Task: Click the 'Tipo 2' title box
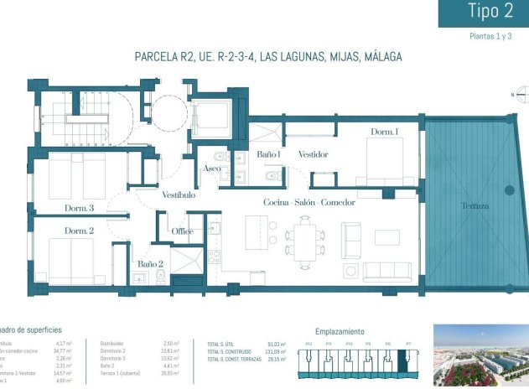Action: point(484,13)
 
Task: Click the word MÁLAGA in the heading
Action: point(379,57)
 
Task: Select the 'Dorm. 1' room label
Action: point(385,132)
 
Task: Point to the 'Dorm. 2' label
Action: point(78,231)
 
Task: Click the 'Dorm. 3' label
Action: point(79,208)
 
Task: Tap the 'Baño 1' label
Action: point(267,155)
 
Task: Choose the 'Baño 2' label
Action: point(150,265)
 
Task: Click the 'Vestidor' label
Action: point(313,155)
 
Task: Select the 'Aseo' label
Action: point(212,169)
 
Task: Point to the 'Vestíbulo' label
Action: point(179,195)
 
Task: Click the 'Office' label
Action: point(183,231)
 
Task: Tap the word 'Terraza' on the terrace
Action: point(475,205)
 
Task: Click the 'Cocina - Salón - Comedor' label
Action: point(309,203)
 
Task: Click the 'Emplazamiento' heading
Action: point(340,331)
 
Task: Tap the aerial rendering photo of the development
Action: point(480,355)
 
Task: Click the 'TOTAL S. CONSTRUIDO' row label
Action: point(231,351)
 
